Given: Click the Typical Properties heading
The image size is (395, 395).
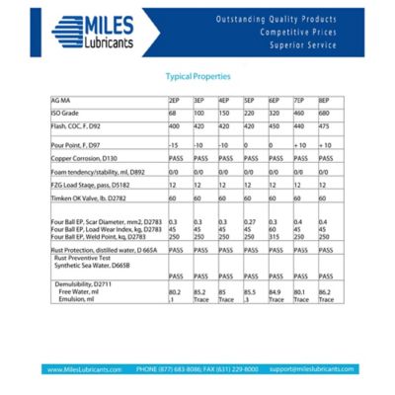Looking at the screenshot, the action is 197,75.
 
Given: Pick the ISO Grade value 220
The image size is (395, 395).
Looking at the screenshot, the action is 250,114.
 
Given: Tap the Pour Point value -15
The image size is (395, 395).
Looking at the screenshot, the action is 174,144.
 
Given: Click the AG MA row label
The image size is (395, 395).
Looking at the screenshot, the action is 61,101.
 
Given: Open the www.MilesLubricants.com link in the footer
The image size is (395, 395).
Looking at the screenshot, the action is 84,368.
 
